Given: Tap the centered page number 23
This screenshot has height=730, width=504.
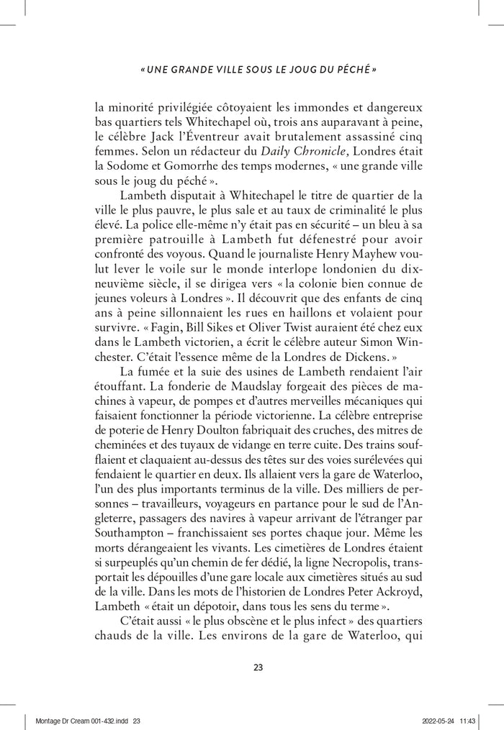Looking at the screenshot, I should [258, 667].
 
